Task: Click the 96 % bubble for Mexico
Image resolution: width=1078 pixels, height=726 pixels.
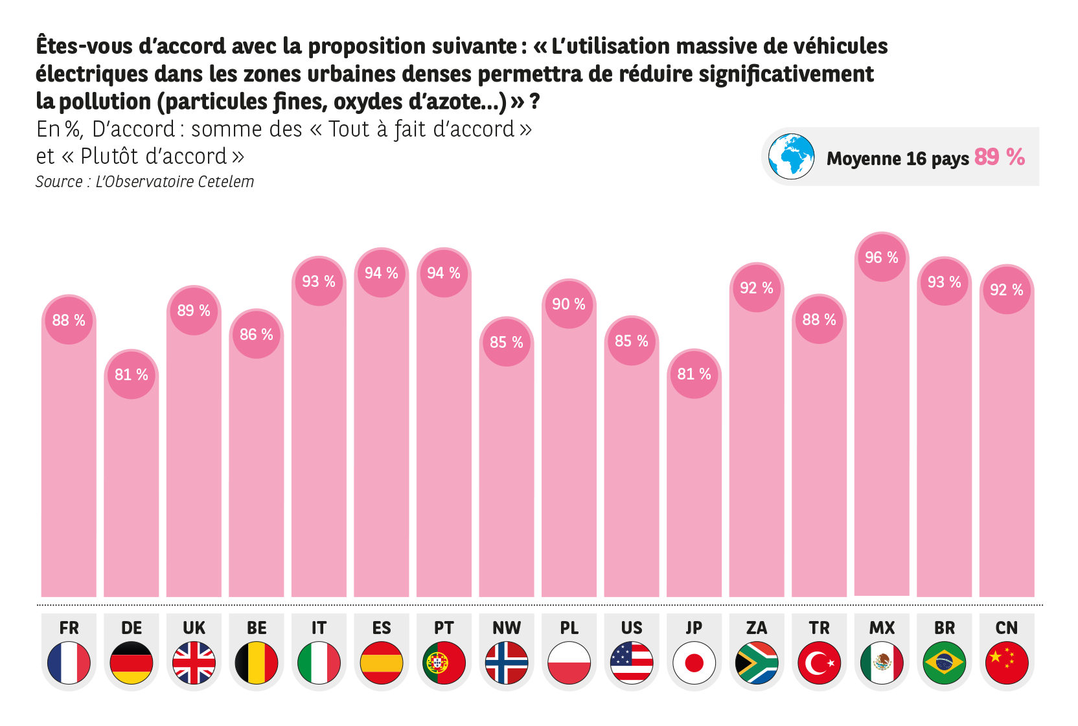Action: click(x=882, y=258)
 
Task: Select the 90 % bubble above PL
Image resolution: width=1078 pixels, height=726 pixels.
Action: click(x=569, y=304)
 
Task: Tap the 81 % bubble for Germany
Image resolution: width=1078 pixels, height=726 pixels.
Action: click(x=132, y=375)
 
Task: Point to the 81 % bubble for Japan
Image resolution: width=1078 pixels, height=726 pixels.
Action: click(x=694, y=374)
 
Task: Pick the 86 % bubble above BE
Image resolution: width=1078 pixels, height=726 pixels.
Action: click(x=257, y=335)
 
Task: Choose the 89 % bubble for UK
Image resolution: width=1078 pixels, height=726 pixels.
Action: click(x=194, y=311)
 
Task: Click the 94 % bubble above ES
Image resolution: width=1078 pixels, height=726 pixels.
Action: click(x=382, y=273)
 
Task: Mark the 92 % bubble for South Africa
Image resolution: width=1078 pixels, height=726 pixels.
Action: click(x=757, y=288)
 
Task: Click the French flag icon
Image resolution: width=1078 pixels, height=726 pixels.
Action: click(x=69, y=663)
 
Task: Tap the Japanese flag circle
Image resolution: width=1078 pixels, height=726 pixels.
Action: click(x=694, y=663)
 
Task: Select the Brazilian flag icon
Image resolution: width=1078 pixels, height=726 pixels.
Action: click(x=944, y=663)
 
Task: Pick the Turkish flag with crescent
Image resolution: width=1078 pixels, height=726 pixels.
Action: click(x=819, y=663)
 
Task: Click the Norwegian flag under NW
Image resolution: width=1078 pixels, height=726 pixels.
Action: click(x=507, y=663)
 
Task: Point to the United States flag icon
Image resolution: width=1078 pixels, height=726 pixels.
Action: click(x=632, y=663)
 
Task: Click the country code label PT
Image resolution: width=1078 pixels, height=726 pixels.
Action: click(x=444, y=628)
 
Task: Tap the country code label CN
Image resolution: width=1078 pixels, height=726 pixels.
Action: click(x=1006, y=628)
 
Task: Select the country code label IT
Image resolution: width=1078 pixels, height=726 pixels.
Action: click(x=319, y=628)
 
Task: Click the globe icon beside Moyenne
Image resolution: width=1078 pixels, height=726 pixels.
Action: click(x=791, y=157)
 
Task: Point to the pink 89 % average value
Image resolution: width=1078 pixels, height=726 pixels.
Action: click(x=999, y=157)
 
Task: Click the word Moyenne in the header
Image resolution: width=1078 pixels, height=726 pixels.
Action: click(x=864, y=159)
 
